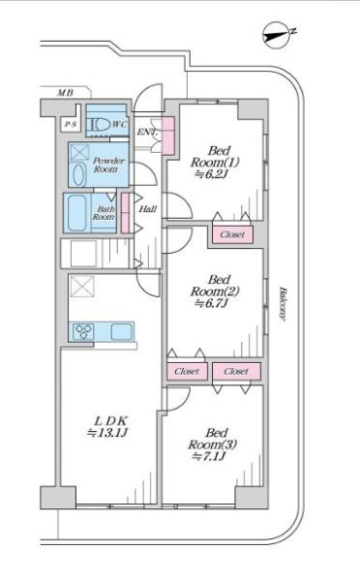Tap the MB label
[x=65, y=93]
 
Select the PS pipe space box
[x=71, y=125]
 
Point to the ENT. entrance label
[x=148, y=132]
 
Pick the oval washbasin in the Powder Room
[x=79, y=174]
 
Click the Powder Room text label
[x=108, y=165]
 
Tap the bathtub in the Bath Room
[x=76, y=213]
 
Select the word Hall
[x=147, y=209]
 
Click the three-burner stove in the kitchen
[x=83, y=331]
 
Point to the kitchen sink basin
[x=122, y=331]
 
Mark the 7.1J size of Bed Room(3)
[x=209, y=456]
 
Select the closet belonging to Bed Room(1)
[x=232, y=234]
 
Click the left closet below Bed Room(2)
[x=187, y=371]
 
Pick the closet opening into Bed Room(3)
[x=236, y=371]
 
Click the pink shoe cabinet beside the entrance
[x=168, y=136]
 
